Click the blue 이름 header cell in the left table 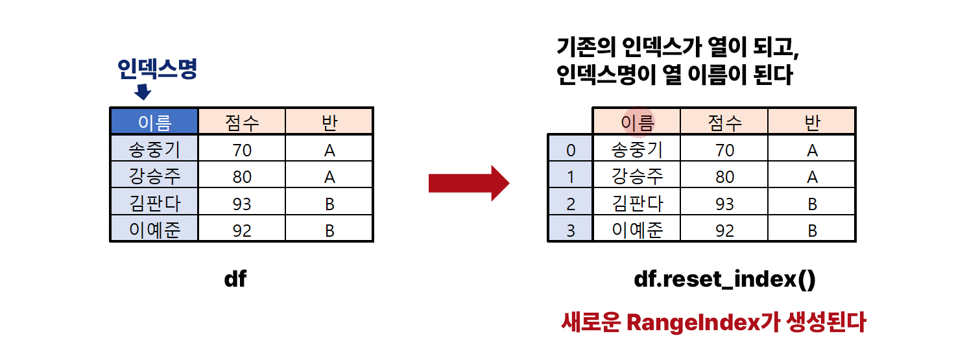154,122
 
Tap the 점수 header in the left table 241,122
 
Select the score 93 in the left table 241,204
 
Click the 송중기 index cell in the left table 154,150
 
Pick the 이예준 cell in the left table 154,230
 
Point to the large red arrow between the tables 469,184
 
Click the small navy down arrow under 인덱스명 142,91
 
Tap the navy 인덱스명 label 157,69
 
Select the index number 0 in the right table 571,150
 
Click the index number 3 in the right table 571,230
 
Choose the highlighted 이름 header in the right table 637,122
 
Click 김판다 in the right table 637,204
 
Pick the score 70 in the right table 724,150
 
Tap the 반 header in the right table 811,122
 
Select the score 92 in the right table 724,230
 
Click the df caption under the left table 235,280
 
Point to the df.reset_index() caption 724,280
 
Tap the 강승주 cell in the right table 637,176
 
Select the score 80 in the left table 241,177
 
